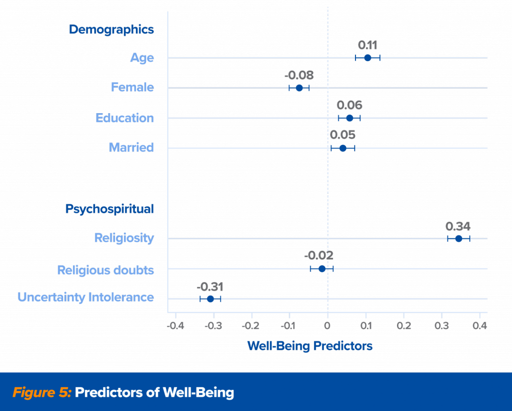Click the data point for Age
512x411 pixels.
tap(367, 58)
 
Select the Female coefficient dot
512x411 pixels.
tap(299, 88)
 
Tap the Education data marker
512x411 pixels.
tap(349, 118)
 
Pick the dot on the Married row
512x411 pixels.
tap(342, 148)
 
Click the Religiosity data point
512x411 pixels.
tap(458, 238)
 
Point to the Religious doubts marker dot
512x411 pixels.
tap(321, 269)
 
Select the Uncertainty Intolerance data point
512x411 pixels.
tap(210, 299)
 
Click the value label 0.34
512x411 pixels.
tap(458, 226)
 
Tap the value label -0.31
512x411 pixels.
tap(209, 287)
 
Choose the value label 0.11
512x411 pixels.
tap(367, 45)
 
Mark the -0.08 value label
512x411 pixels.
tap(299, 76)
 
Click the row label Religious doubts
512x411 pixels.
tap(105, 270)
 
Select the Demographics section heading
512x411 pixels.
tap(111, 30)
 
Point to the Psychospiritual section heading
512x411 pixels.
tap(109, 209)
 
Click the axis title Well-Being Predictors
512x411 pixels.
tap(310, 346)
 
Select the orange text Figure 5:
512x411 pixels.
tap(42, 392)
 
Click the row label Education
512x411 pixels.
tap(124, 118)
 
